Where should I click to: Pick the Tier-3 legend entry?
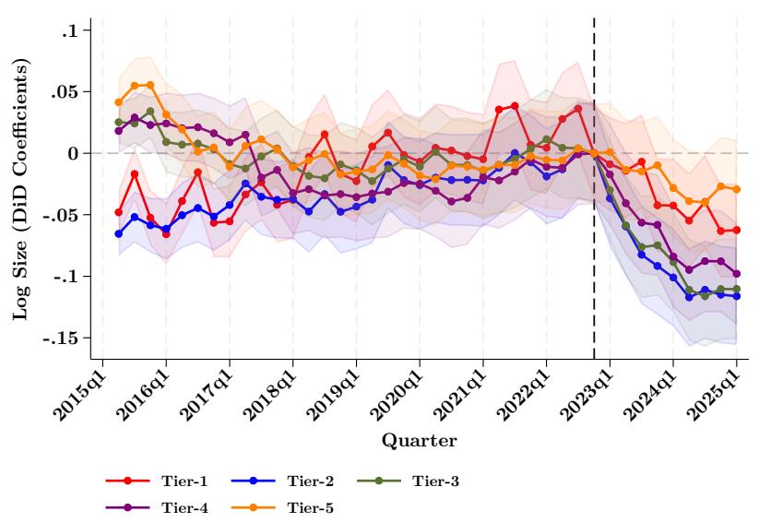436,481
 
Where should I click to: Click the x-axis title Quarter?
420,442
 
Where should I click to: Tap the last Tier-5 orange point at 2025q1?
736,189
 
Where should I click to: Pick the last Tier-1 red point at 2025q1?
736,230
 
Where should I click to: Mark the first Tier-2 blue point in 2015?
119,233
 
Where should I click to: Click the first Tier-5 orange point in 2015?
119,102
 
